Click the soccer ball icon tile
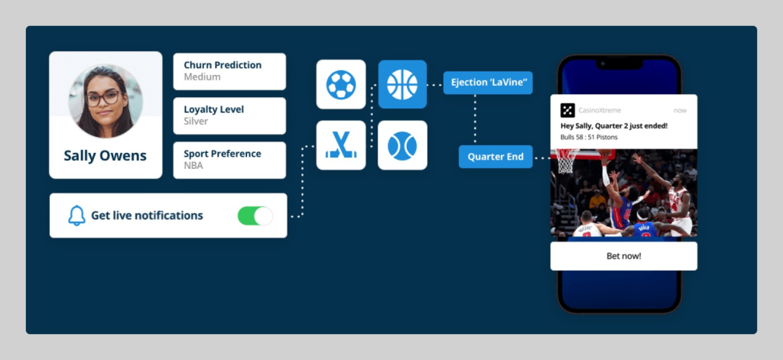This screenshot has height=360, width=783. point(341,84)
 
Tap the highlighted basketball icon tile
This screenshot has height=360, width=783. point(402,84)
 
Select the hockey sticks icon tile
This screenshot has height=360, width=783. point(341,145)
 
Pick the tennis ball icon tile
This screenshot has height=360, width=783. point(402,145)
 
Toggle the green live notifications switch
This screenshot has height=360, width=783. point(255,216)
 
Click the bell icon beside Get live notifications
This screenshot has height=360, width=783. point(76,216)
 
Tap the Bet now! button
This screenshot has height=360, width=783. point(624,256)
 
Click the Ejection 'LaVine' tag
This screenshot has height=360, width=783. point(488,83)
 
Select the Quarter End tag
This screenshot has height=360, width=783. point(495,157)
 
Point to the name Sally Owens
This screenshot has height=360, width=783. point(106,156)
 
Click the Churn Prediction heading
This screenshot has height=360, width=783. point(223,65)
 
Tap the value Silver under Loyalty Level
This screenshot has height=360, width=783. point(196,122)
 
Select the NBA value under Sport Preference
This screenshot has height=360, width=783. point(193,165)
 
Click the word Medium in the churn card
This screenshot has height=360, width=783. point(202,77)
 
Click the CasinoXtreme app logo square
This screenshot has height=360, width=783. point(567,110)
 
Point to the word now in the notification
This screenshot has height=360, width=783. point(680,110)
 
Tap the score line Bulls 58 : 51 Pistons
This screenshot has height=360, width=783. point(589,137)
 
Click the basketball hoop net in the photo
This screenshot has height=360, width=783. point(566,161)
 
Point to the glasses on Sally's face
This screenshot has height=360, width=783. point(103,97)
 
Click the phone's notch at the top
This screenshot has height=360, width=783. point(619,64)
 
